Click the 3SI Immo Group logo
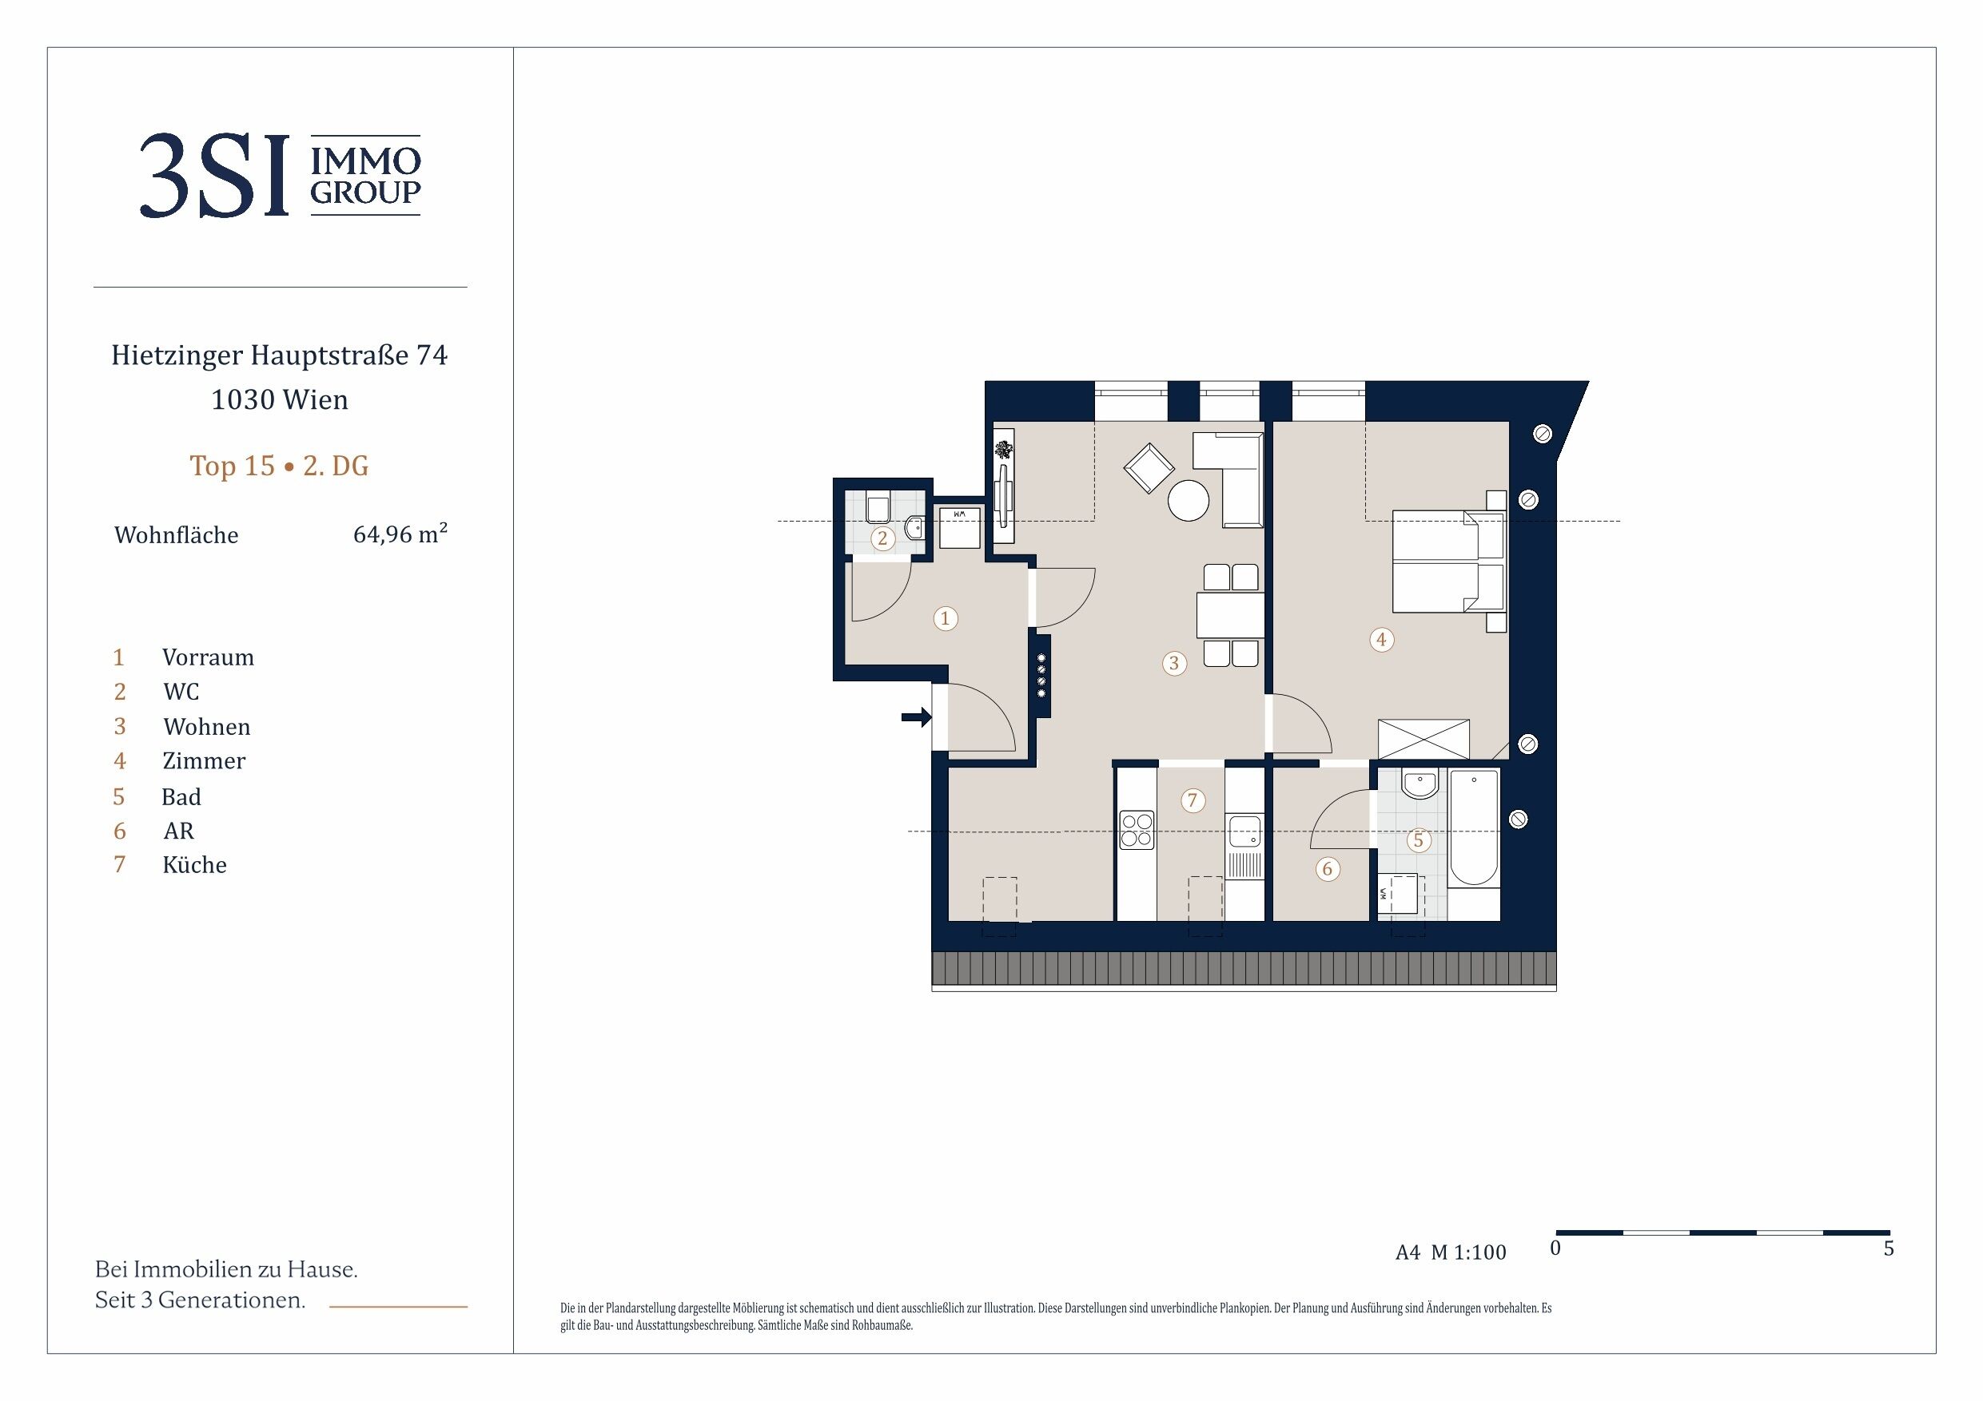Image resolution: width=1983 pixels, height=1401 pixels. click(x=280, y=175)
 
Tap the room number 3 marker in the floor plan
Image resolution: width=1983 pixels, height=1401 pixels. click(x=1174, y=663)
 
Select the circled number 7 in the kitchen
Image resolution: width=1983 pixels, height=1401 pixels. click(x=1193, y=800)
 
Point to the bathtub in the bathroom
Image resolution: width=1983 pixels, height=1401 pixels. click(x=1473, y=828)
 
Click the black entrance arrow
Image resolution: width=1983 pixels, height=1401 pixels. click(x=916, y=716)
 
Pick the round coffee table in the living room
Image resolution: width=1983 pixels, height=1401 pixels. click(x=1189, y=501)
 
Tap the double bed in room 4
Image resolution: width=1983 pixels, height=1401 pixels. click(x=1448, y=561)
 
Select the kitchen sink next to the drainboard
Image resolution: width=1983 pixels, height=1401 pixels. click(x=1244, y=832)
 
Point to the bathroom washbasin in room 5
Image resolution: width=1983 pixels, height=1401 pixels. click(x=1420, y=784)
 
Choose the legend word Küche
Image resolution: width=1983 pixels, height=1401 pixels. click(x=194, y=865)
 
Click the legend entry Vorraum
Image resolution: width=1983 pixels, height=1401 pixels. click(x=208, y=658)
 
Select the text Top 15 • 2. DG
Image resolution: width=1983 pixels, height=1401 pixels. click(x=279, y=466)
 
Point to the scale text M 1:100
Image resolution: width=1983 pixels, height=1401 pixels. click(x=1468, y=1252)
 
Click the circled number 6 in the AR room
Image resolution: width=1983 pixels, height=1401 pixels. click(x=1328, y=869)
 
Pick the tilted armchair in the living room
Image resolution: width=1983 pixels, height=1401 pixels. click(x=1149, y=468)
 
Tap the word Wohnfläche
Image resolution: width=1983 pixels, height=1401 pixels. click(x=176, y=535)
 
